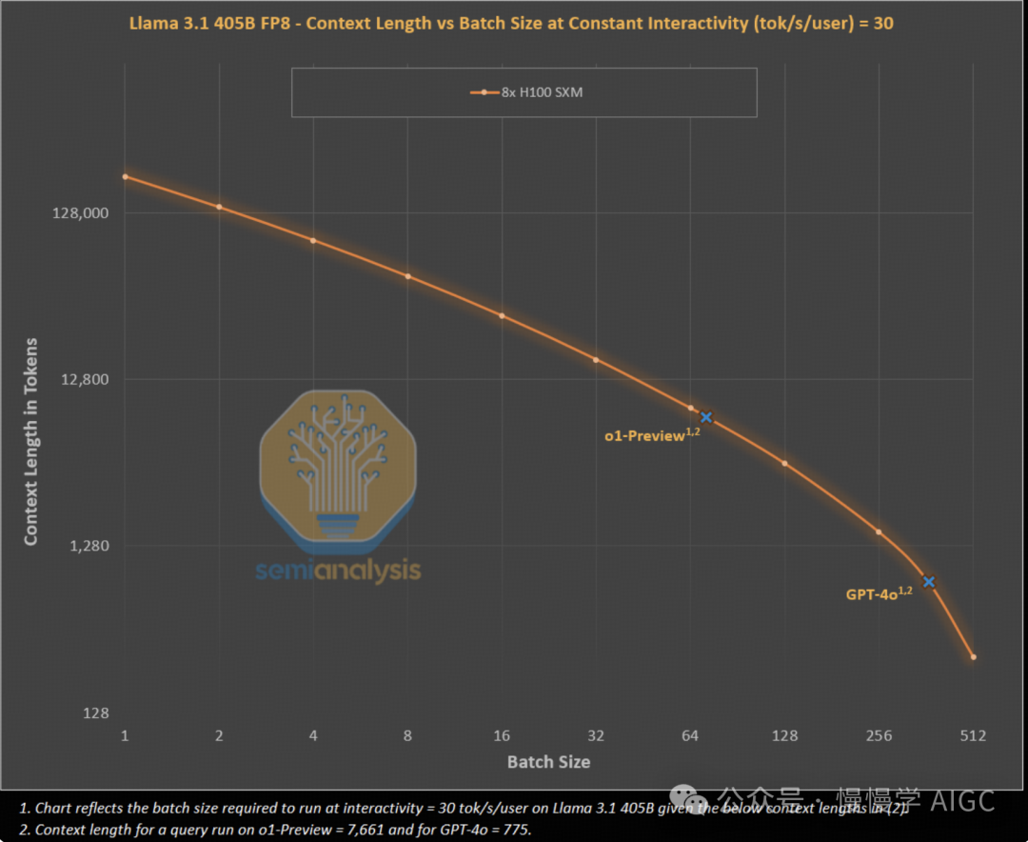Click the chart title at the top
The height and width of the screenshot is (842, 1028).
pyautogui.click(x=511, y=22)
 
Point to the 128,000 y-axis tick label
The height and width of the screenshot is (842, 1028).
pyautogui.click(x=80, y=213)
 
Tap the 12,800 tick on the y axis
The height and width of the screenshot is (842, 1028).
pyautogui.click(x=85, y=380)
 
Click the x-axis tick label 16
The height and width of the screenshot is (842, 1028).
pyautogui.click(x=502, y=735)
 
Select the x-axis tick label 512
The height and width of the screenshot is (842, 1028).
pyautogui.click(x=973, y=735)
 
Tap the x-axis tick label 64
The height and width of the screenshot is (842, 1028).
pyautogui.click(x=690, y=735)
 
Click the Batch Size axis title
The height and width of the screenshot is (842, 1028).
pyautogui.click(x=548, y=762)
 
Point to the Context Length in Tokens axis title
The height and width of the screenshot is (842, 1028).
pyautogui.click(x=31, y=441)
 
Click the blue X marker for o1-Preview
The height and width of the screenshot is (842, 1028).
pyautogui.click(x=706, y=417)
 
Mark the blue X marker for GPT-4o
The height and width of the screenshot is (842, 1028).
pyautogui.click(x=929, y=582)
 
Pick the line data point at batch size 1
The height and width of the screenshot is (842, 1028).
pyautogui.click(x=126, y=176)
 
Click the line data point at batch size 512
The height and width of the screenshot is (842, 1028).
pyautogui.click(x=973, y=657)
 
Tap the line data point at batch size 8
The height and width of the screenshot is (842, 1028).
pyautogui.click(x=408, y=276)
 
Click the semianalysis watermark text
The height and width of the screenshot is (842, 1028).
pyautogui.click(x=338, y=571)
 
